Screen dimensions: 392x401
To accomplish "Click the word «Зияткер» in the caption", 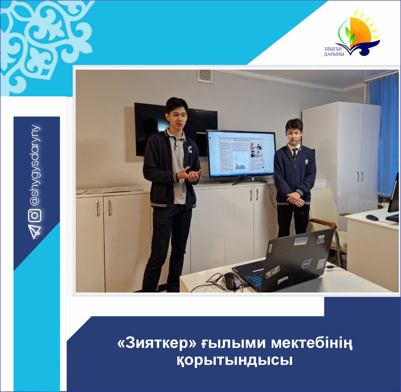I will coord(157,343).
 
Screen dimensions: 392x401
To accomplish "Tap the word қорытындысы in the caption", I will coord(235,360).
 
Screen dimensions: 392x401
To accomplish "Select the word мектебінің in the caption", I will coord(312,343).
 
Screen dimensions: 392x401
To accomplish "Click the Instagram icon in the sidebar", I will coord(35,215).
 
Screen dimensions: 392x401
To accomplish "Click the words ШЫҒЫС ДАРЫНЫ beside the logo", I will coord(334,52).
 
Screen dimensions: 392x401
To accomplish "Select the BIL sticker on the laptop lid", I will coord(321,239).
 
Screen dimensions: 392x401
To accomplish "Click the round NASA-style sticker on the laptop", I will coord(306,264).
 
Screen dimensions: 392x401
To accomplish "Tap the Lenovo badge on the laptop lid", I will coord(270,248).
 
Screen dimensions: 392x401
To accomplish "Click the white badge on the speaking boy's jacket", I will coord(191,150).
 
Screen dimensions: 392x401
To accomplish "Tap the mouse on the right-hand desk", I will coord(372,217).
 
